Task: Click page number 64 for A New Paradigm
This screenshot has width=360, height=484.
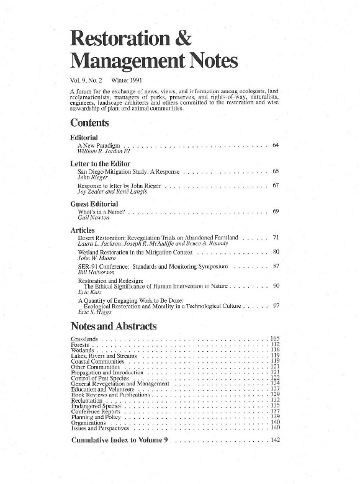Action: (276, 145)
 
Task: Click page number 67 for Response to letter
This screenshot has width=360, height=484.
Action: (276, 186)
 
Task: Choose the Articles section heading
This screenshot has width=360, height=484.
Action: (83, 230)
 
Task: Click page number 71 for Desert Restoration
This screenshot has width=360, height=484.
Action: (276, 238)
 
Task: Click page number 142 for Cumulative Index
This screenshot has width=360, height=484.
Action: (276, 440)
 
